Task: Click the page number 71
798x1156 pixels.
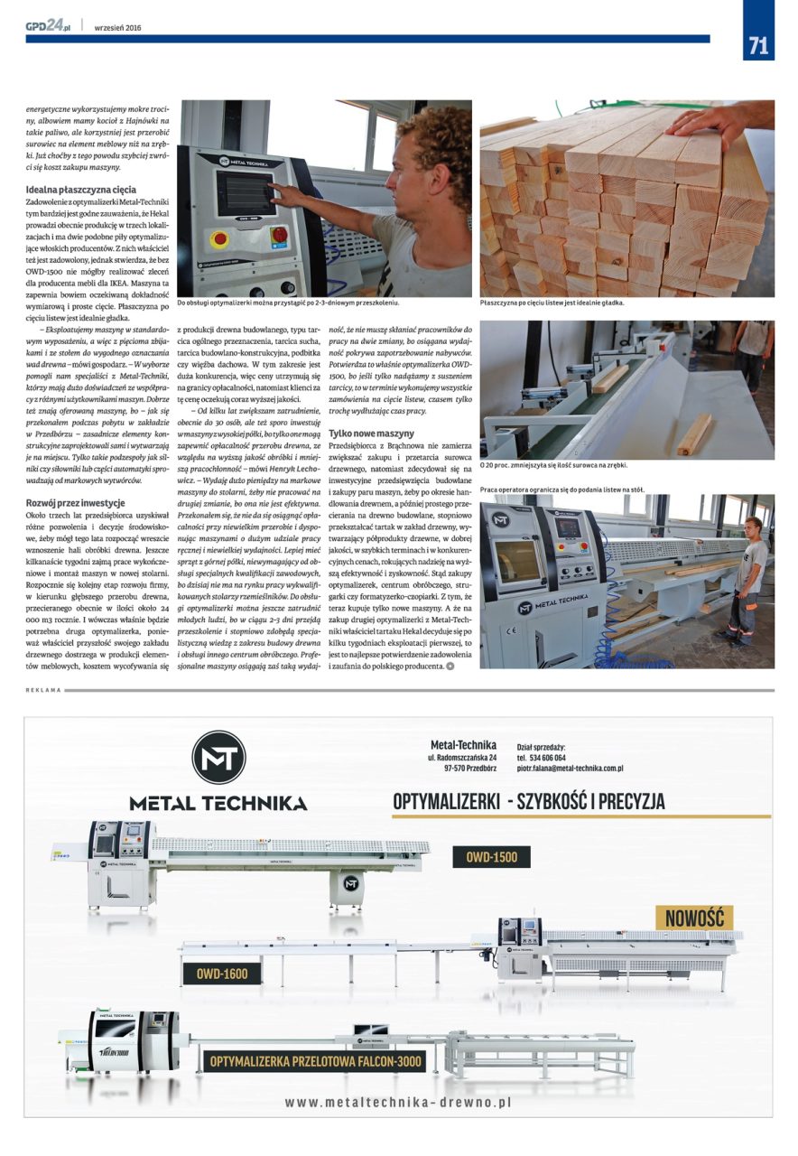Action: point(758,46)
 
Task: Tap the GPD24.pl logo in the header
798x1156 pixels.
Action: point(48,26)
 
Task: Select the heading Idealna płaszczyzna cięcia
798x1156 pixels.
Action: point(81,190)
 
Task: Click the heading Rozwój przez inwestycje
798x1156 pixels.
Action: point(75,502)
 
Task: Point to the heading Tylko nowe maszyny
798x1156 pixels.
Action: point(371,433)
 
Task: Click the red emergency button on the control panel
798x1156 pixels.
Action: point(218,240)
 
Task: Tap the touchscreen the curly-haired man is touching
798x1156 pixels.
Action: point(245,192)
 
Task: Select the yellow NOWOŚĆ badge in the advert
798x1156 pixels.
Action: point(694,918)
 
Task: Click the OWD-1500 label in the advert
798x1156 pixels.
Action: point(492,857)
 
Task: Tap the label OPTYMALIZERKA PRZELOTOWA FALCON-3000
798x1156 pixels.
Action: point(317,1061)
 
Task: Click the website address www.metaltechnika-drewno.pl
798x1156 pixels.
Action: point(398,1103)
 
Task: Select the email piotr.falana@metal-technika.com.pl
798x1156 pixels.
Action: point(570,768)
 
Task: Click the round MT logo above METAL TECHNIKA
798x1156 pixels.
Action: point(218,758)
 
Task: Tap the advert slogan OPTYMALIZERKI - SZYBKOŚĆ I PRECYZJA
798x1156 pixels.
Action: point(528,801)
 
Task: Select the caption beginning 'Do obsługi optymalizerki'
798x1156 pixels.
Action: point(289,303)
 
